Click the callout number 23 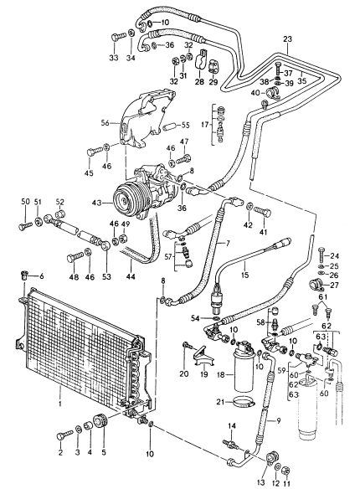pyautogui.click(x=288, y=39)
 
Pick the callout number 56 pyautogui.click(x=105, y=123)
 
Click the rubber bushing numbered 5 pyautogui.click(x=100, y=420)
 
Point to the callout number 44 pyautogui.click(x=131, y=276)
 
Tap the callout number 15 pyautogui.click(x=245, y=275)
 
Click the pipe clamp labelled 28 pyautogui.click(x=200, y=60)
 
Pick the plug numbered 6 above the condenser pyautogui.click(x=24, y=275)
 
